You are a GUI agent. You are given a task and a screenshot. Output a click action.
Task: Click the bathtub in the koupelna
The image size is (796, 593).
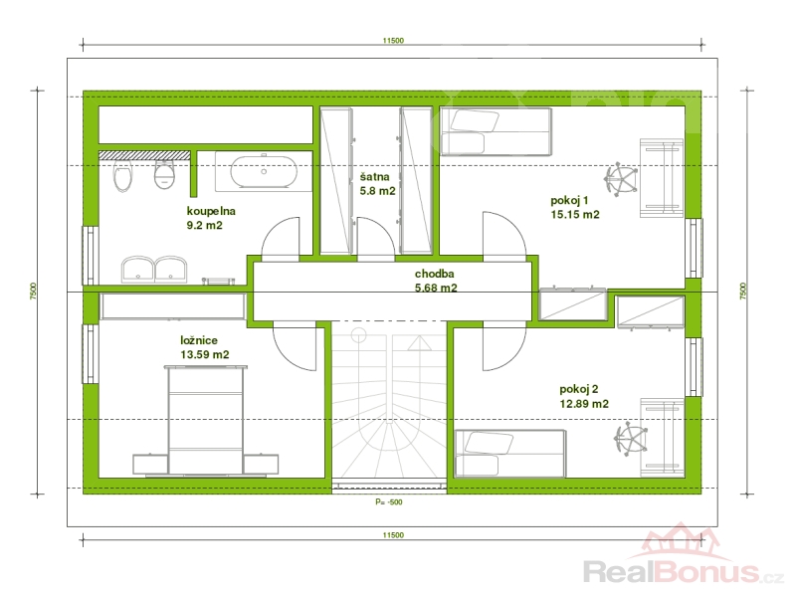point(264,172)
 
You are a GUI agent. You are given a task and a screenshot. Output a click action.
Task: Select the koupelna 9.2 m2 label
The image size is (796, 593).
point(211,218)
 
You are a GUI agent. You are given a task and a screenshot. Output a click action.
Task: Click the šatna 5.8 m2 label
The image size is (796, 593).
point(377,184)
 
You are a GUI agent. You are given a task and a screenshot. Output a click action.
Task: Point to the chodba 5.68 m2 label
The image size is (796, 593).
point(436,281)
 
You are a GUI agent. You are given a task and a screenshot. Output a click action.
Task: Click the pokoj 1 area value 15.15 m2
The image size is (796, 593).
point(575,215)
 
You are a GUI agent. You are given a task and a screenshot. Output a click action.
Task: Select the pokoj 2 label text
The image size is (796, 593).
point(579,389)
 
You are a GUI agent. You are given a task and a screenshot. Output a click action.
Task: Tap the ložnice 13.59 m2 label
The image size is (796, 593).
point(205,347)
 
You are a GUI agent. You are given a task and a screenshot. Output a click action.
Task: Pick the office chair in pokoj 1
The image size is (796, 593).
point(621,179)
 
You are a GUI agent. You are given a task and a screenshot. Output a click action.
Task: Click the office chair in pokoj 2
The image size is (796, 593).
point(631,439)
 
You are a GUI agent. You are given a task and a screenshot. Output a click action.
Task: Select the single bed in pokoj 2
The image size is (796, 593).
point(510,454)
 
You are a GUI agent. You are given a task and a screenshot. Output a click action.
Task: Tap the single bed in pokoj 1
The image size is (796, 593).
point(496,131)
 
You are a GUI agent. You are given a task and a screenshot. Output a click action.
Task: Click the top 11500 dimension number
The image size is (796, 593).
point(393,41)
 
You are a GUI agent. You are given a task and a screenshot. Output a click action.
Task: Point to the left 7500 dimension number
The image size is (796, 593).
point(34,291)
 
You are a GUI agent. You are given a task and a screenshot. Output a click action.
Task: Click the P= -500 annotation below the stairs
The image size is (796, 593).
point(389,502)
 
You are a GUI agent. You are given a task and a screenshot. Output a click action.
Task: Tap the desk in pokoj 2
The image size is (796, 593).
point(662,438)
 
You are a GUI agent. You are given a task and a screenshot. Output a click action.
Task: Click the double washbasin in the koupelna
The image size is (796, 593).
point(154,269)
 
